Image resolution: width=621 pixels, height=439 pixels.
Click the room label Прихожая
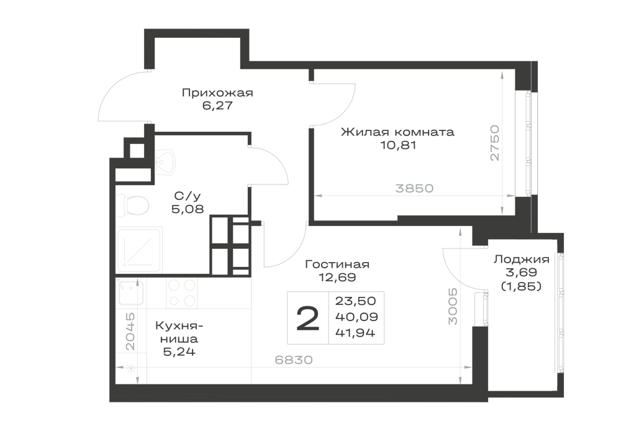click(217, 93)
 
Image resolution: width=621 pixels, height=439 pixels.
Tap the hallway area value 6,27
click(217, 106)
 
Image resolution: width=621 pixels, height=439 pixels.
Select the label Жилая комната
click(397, 132)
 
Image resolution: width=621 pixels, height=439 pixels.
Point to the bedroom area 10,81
click(399, 145)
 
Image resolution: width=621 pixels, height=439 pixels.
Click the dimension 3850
click(414, 188)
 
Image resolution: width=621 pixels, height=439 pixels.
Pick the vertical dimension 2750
click(495, 143)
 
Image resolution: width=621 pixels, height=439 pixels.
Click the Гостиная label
click(337, 264)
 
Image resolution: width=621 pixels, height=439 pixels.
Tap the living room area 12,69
click(337, 278)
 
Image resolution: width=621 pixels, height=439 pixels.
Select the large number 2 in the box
click(308, 319)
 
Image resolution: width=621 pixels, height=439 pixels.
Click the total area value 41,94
click(355, 333)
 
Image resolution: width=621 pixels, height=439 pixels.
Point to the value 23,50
click(355, 301)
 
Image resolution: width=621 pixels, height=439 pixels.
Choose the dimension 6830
click(294, 360)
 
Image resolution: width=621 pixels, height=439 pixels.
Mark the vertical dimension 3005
click(453, 306)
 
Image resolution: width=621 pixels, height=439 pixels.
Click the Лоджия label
click(521, 260)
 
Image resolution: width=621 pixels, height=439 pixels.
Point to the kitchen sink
click(130, 291)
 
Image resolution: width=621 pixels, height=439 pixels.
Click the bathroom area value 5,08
click(188, 209)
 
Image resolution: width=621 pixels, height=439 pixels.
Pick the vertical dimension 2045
click(130, 332)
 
